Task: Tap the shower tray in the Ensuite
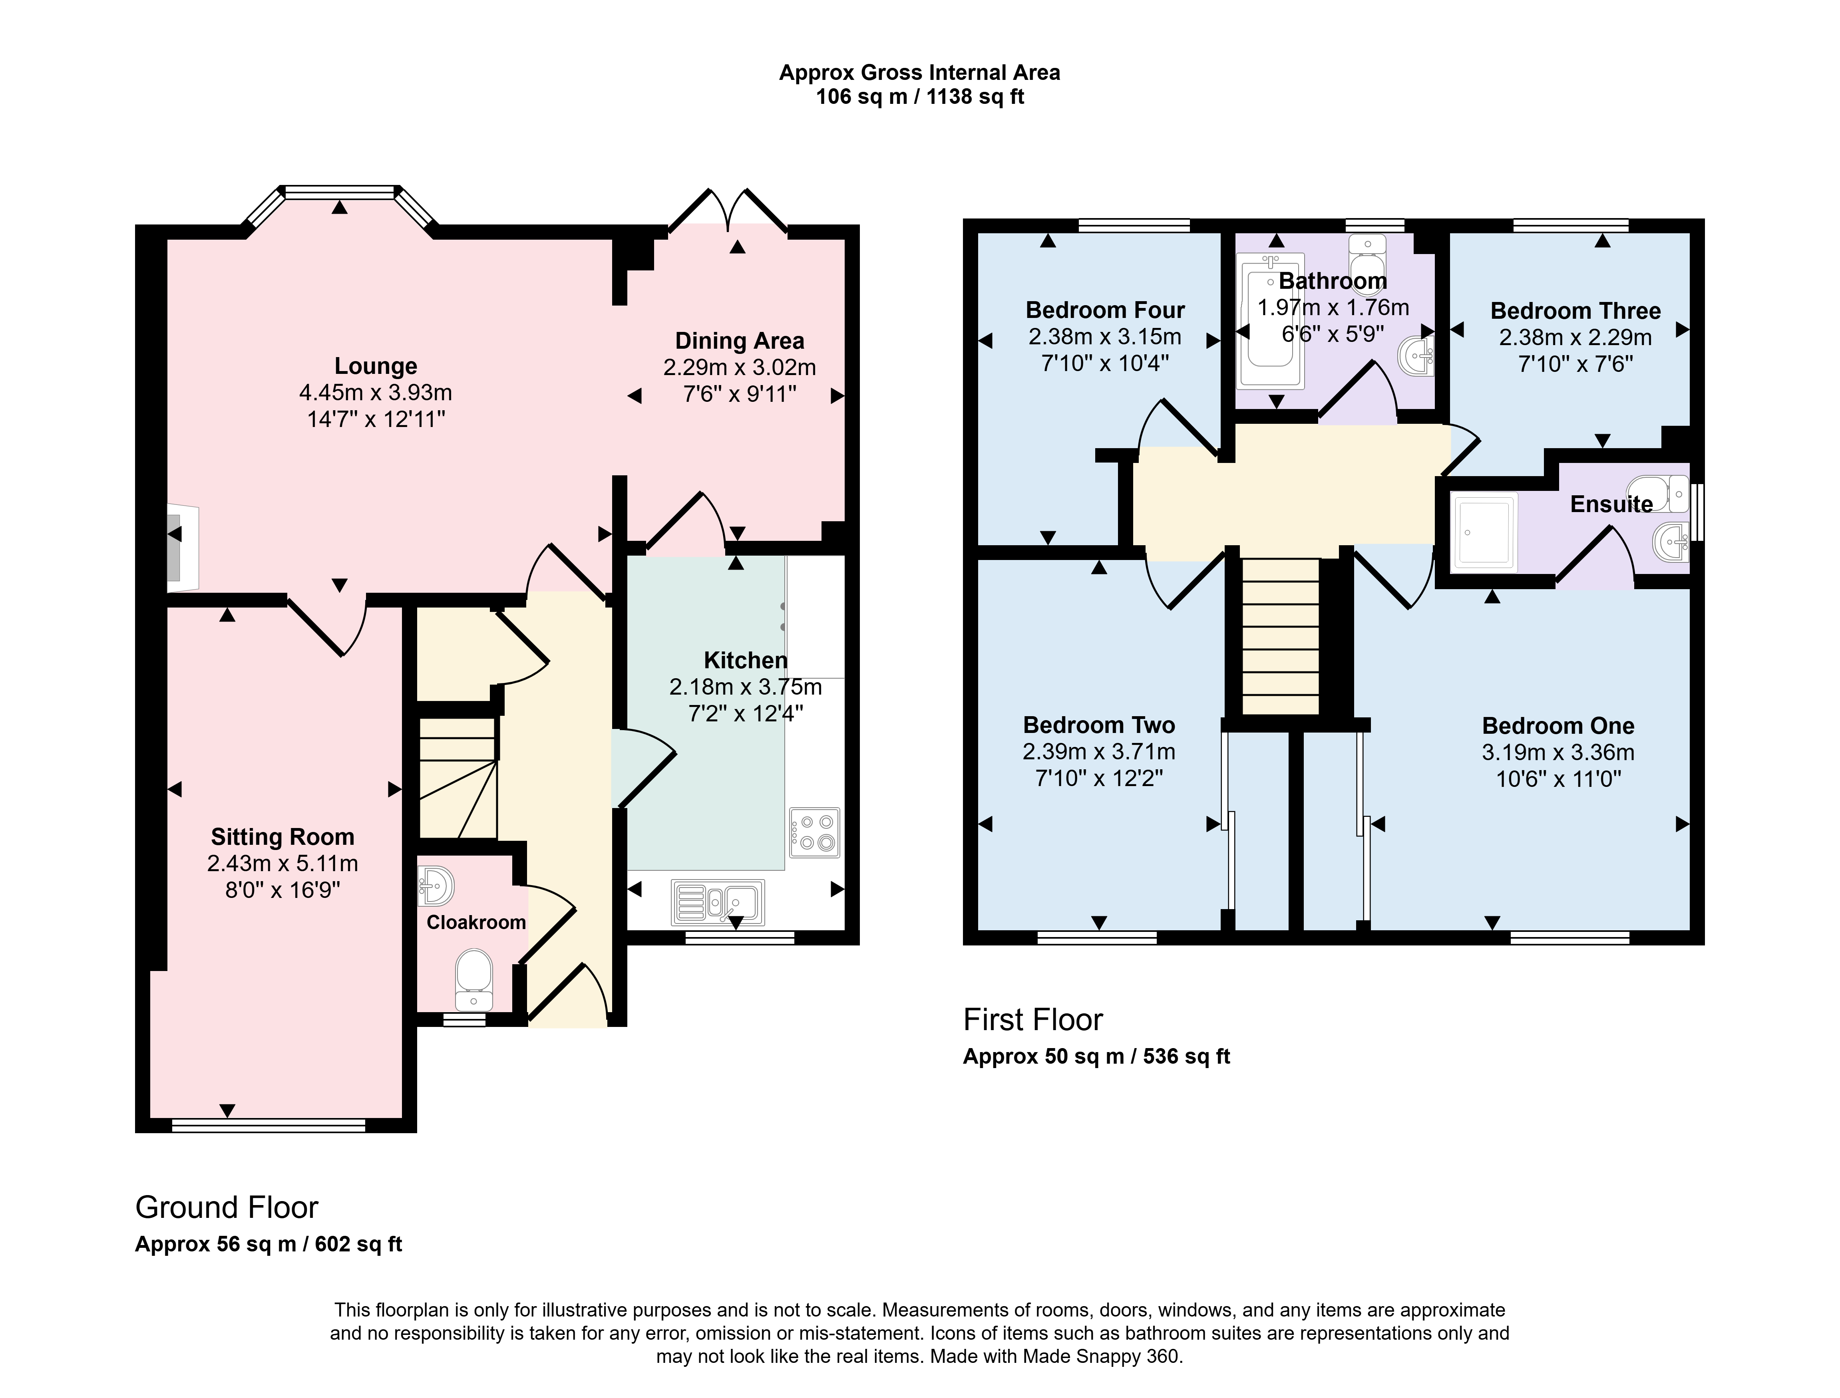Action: tap(1484, 532)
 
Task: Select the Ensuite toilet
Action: tap(1657, 493)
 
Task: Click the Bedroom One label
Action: tap(1558, 726)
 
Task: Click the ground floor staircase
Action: tap(458, 778)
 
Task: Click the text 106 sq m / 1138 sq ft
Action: tap(919, 97)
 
